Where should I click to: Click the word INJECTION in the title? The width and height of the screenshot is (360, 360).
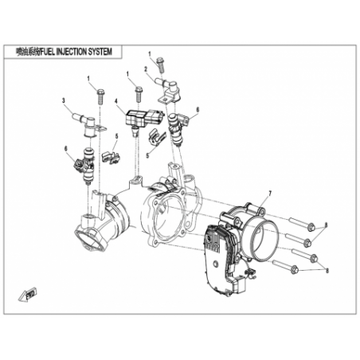(x=72, y=52)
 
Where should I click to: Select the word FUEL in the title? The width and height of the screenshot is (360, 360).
(x=48, y=52)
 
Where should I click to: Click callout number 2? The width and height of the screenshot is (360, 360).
(x=146, y=69)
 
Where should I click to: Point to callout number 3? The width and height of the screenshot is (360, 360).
(x=64, y=100)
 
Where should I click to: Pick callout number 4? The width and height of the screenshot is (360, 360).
(x=116, y=101)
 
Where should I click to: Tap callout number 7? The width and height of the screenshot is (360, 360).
(x=270, y=194)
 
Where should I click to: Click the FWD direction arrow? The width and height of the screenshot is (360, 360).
(x=28, y=294)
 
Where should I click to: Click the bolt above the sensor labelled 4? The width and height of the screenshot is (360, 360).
(x=139, y=95)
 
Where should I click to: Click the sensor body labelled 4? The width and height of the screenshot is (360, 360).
(x=144, y=118)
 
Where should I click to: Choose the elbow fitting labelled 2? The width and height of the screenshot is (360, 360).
(x=168, y=90)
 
